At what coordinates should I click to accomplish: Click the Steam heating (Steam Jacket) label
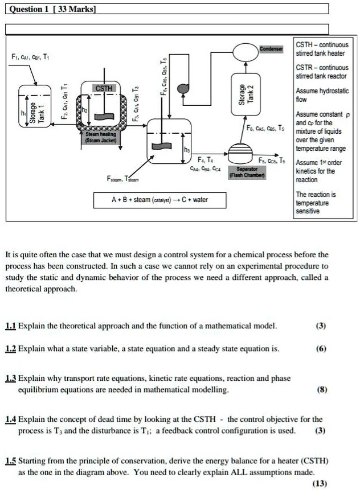pyautogui.click(x=100, y=137)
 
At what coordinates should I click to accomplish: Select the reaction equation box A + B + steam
pyautogui.click(x=159, y=200)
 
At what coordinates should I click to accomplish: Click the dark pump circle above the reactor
pyautogui.click(x=183, y=88)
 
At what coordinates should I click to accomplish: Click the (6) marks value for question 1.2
pyautogui.click(x=321, y=349)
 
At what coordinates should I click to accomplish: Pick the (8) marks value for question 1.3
pyautogui.click(x=321, y=391)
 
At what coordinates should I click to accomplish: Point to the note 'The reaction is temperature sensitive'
pyautogui.click(x=316, y=203)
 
